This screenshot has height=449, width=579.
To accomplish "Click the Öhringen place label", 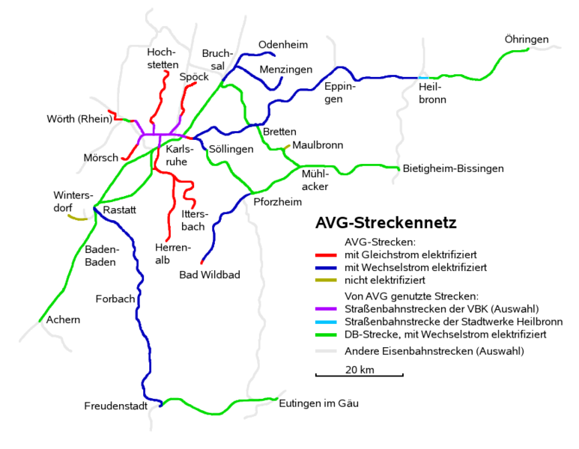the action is coord(527,40).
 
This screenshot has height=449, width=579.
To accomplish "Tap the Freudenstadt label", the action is coord(116,406).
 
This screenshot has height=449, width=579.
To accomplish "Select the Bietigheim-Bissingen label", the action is coord(453,168).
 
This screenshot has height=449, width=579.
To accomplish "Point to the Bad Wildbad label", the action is coord(210,275).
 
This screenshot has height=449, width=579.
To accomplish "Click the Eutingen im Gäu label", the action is coord(318,403).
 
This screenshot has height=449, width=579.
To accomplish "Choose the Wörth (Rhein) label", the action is coord(79,119).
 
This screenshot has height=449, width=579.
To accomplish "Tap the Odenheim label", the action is coord(283,45).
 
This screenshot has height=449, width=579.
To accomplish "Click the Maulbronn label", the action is coord(318,145).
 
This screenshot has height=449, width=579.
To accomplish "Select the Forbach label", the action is coord(115,299).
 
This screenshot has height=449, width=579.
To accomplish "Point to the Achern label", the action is coord(63,320).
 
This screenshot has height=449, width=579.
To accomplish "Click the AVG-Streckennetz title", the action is coord(386,223).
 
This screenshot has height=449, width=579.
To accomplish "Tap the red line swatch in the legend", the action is coord(326,255).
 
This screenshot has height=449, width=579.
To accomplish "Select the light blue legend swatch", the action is coord(326,322).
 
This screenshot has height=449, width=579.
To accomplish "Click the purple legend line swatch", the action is coord(326,309).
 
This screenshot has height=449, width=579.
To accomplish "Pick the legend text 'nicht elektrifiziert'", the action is coord(385,281).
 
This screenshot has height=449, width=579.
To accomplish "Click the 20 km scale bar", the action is coord(360,375).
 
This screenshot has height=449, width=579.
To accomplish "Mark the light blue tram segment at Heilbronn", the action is coord(423,78).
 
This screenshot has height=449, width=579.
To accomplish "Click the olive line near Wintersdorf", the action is coord(78,218).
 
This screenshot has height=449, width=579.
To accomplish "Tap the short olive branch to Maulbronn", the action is coord(287,147).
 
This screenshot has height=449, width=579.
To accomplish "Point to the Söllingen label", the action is coord(231,150).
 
